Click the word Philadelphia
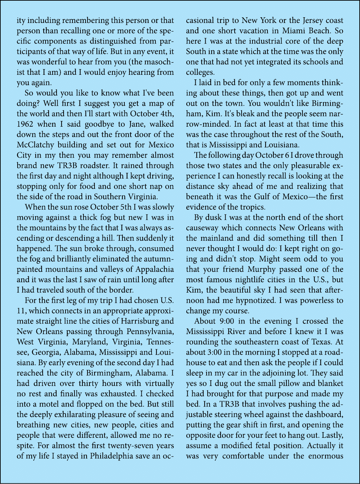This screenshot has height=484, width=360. point(111,456)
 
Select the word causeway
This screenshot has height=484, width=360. point(202,228)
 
